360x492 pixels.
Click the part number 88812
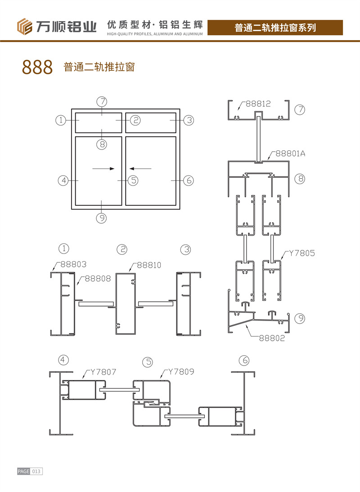click(x=258, y=104)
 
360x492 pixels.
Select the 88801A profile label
click(x=290, y=153)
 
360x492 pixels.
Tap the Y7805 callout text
click(x=301, y=253)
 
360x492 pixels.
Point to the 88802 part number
click(x=272, y=338)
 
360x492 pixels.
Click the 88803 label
click(x=73, y=264)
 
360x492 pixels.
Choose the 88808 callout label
click(x=98, y=278)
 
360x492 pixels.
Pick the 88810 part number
click(x=149, y=265)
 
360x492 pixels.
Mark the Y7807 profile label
click(x=103, y=372)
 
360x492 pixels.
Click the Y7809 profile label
click(x=181, y=371)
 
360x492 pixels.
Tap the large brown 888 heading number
click(x=37, y=67)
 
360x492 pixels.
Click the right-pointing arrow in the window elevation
click(x=103, y=168)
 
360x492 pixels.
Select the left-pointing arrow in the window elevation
click(x=140, y=168)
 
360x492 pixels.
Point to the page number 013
click(x=36, y=471)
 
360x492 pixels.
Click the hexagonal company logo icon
click(x=25, y=27)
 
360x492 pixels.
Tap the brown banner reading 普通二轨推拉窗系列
click(x=275, y=27)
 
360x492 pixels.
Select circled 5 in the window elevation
click(x=133, y=181)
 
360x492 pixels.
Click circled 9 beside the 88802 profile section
click(x=300, y=319)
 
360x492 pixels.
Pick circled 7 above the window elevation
click(x=102, y=102)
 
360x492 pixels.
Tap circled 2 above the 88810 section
click(x=122, y=249)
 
